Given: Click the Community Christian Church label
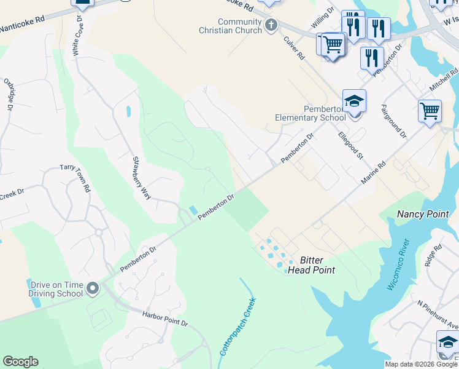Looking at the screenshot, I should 231,26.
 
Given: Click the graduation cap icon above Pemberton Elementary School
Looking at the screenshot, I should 354,100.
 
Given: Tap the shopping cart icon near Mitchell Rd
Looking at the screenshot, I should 430,111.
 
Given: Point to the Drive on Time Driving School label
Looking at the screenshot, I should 56,288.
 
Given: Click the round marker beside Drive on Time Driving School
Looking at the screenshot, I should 93,288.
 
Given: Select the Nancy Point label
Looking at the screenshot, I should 423,214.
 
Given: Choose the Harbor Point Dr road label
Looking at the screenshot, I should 164,319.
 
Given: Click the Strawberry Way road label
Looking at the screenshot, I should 142,177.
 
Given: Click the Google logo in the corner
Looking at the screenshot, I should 20,362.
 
